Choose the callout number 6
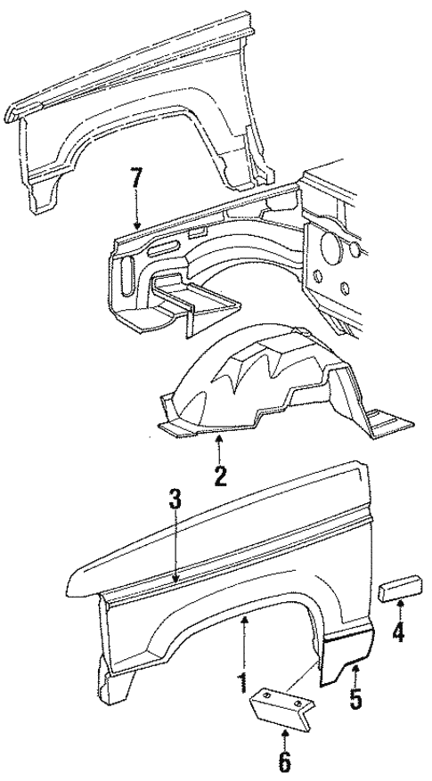coord(284,762)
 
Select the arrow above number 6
coord(284,736)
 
